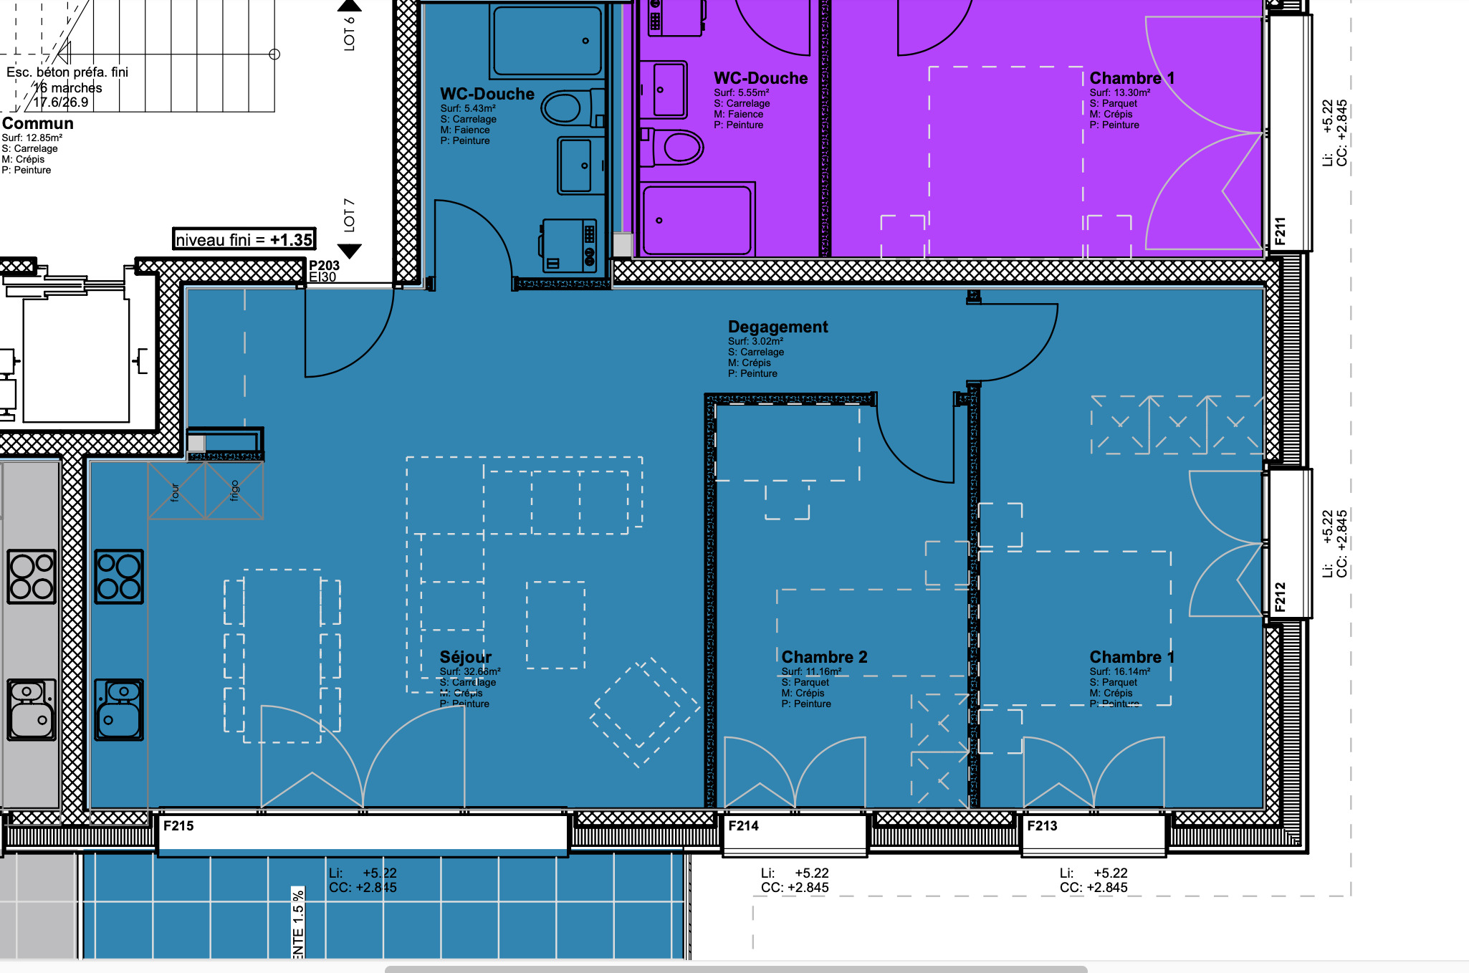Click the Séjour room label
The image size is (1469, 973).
coord(465,657)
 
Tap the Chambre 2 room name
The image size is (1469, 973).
coord(824,657)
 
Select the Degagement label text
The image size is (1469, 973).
coord(777,327)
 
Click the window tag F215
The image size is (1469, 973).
coord(178,825)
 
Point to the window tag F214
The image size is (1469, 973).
coord(743,825)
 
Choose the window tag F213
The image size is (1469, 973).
coord(1042,825)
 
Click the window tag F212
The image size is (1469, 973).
coord(1281,597)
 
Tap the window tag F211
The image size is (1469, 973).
coord(1281,231)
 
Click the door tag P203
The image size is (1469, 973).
coord(324,265)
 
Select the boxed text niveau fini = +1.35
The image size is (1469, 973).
coord(244,239)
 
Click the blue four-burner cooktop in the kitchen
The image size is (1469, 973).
coord(119,577)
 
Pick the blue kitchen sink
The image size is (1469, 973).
coord(119,709)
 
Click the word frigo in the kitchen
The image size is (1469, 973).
coord(234,491)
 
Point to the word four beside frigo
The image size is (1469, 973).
coord(176,492)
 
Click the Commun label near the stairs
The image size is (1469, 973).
coord(37,123)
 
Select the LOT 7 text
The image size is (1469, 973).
coord(350,215)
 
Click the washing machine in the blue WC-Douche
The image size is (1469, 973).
coord(568,245)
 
